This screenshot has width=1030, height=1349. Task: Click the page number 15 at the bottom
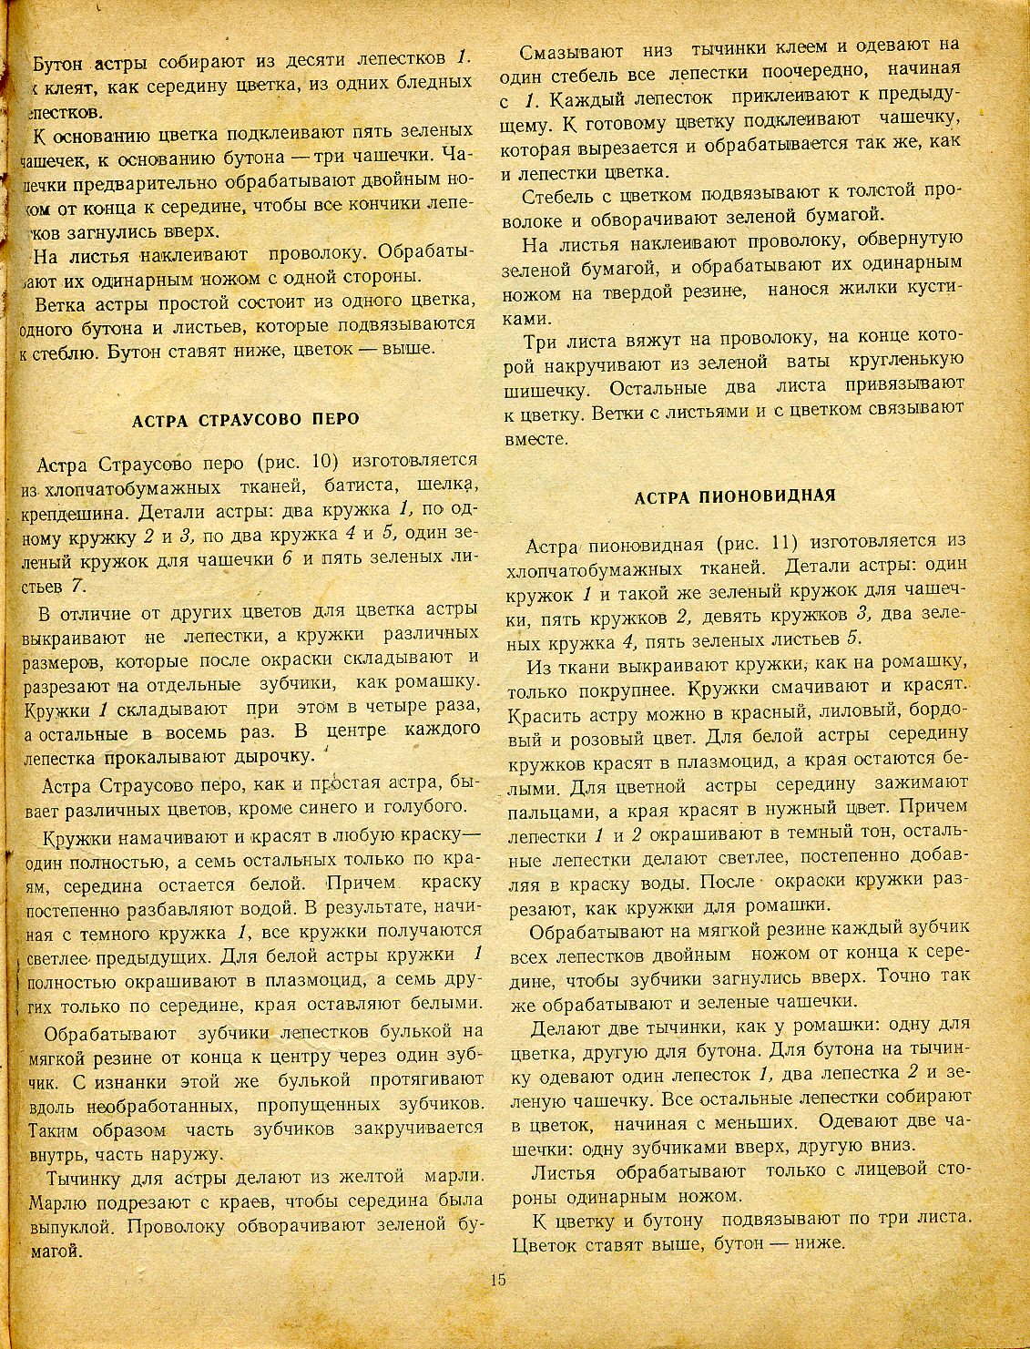(497, 1278)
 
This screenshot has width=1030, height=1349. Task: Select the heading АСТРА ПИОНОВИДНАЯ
(735, 496)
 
